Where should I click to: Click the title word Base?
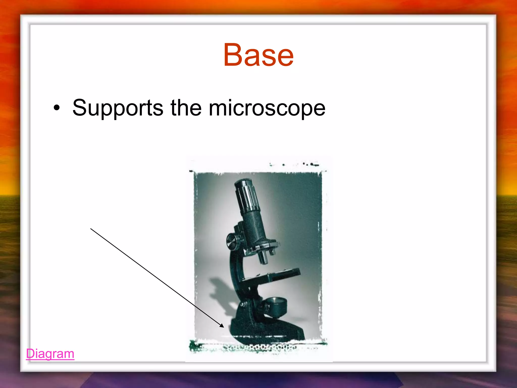(x=258, y=55)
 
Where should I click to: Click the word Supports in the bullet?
(x=118, y=108)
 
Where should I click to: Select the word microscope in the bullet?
(x=267, y=108)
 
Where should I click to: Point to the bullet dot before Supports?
(x=57, y=108)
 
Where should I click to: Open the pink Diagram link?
(x=50, y=353)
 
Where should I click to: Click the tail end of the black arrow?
(x=91, y=229)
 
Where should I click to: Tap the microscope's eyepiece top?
(x=242, y=182)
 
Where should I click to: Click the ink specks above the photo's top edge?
(x=307, y=164)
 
